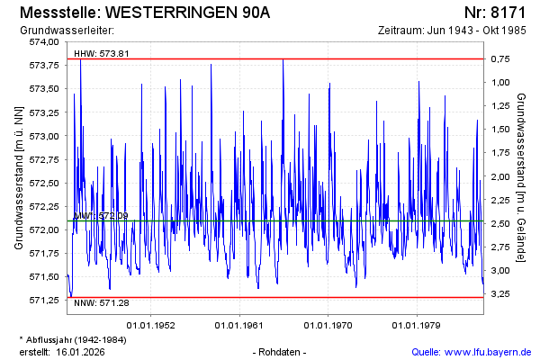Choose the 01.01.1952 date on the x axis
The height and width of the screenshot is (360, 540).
(x=151, y=325)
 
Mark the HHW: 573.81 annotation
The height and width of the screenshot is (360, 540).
(x=102, y=53)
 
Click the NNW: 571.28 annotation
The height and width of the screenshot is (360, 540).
(x=102, y=302)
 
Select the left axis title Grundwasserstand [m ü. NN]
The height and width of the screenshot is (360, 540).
(x=17, y=177)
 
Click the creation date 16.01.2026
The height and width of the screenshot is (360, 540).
(x=81, y=351)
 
